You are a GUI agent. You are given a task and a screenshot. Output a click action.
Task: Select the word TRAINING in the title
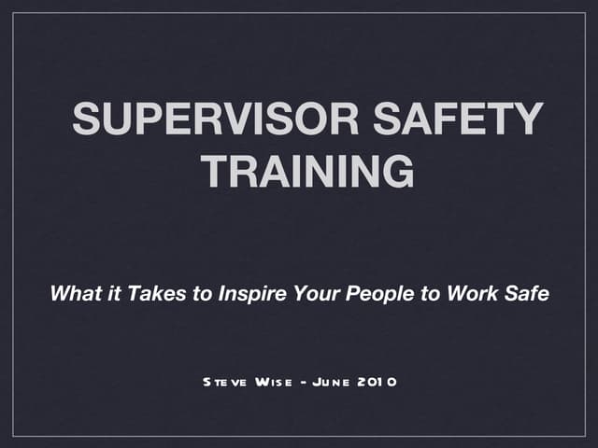[307, 171]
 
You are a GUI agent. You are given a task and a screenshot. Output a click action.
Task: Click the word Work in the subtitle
[470, 294]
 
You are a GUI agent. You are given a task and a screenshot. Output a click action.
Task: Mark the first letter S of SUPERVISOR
[86, 120]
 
